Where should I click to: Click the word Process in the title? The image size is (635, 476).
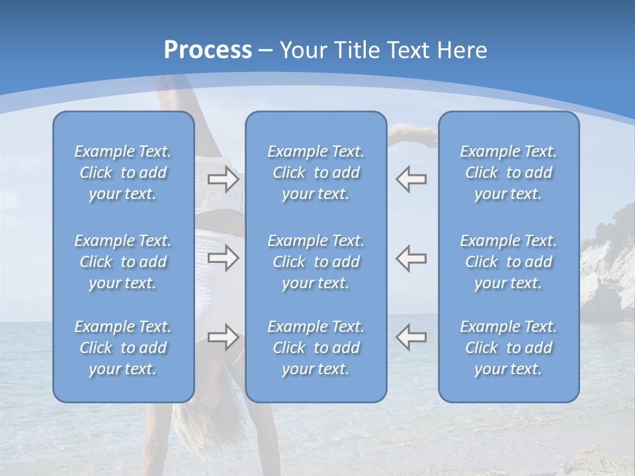208,50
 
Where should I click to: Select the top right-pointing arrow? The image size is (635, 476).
224,179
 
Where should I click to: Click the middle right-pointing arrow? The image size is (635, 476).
224,258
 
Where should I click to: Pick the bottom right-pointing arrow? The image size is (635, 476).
224,337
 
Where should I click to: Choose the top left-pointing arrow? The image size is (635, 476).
411,179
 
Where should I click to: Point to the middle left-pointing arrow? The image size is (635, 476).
411,258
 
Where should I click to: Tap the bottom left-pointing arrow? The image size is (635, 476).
411,337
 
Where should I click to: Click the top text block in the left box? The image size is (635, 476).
123,173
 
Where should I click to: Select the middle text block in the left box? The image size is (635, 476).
123,262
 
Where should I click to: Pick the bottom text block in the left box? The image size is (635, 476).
123,348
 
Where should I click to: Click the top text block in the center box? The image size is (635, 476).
316,173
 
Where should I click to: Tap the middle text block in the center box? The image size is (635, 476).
316,262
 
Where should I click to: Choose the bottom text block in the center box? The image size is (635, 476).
316,348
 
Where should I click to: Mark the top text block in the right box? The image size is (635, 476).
508,173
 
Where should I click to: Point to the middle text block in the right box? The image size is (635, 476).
508,262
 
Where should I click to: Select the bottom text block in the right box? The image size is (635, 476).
508,348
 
